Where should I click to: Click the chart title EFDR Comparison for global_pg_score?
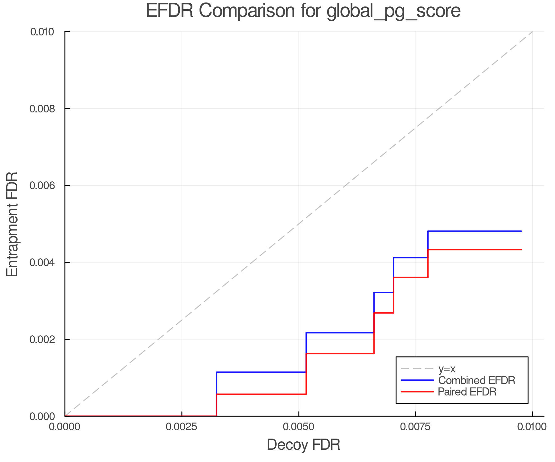tap(303, 11)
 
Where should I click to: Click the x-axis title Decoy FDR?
tap(303, 444)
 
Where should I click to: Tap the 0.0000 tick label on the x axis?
tap(65, 427)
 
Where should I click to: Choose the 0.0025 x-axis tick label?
tap(182, 427)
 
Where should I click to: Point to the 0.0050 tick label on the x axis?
tap(298, 427)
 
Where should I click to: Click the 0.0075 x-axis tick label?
tap(415, 427)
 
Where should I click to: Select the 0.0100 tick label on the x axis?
tap(532, 427)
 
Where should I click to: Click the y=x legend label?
tap(447, 369)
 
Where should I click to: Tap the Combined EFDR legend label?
tap(476, 380)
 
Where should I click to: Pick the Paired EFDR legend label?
tap(467, 392)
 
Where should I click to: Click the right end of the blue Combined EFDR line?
tap(521, 231)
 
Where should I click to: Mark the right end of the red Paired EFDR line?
tap(521, 249)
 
